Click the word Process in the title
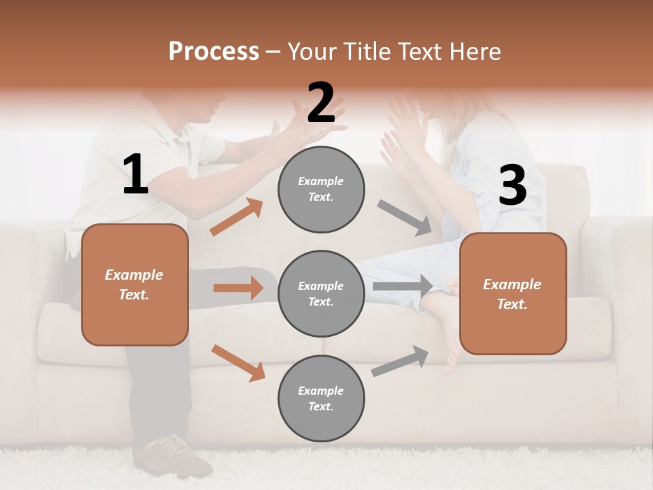(214, 51)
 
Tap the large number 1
(135, 175)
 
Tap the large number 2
(321, 103)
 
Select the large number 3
(512, 185)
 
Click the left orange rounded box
(135, 284)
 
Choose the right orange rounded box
(513, 293)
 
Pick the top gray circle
(321, 189)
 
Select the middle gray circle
(321, 293)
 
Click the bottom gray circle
(321, 398)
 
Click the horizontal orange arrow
(238, 288)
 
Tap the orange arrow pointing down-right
(238, 363)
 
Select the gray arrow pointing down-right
(405, 218)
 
